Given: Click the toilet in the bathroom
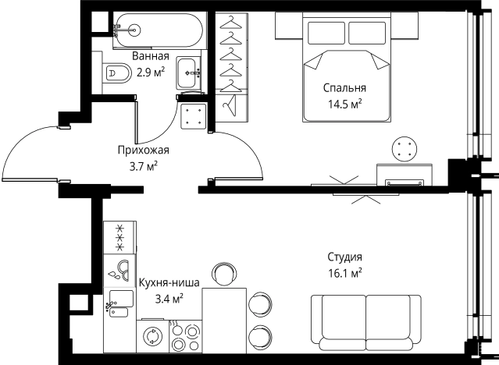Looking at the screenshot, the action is click(x=116, y=73).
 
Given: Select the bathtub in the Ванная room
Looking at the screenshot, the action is click(x=159, y=30).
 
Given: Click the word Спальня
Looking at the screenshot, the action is click(x=344, y=88).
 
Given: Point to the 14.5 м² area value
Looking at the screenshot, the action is click(x=345, y=104).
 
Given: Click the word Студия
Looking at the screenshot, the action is click(x=345, y=257).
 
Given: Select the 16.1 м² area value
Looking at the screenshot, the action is click(x=345, y=273).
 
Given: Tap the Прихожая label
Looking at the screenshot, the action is click(x=144, y=150).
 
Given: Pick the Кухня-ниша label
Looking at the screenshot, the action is click(x=169, y=282).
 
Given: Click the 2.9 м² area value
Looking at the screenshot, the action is click(x=151, y=73).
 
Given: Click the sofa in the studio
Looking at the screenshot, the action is click(x=366, y=323).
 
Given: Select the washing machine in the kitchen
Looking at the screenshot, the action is click(x=152, y=335).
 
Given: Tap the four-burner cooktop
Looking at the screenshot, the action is click(x=186, y=336).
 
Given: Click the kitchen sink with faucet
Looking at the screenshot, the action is click(x=119, y=303).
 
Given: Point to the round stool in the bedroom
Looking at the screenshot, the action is click(x=405, y=149).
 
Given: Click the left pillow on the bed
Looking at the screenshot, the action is click(x=326, y=33).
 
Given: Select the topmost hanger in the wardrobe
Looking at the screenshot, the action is click(x=231, y=23).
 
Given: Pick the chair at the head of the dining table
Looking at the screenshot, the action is click(x=224, y=275).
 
